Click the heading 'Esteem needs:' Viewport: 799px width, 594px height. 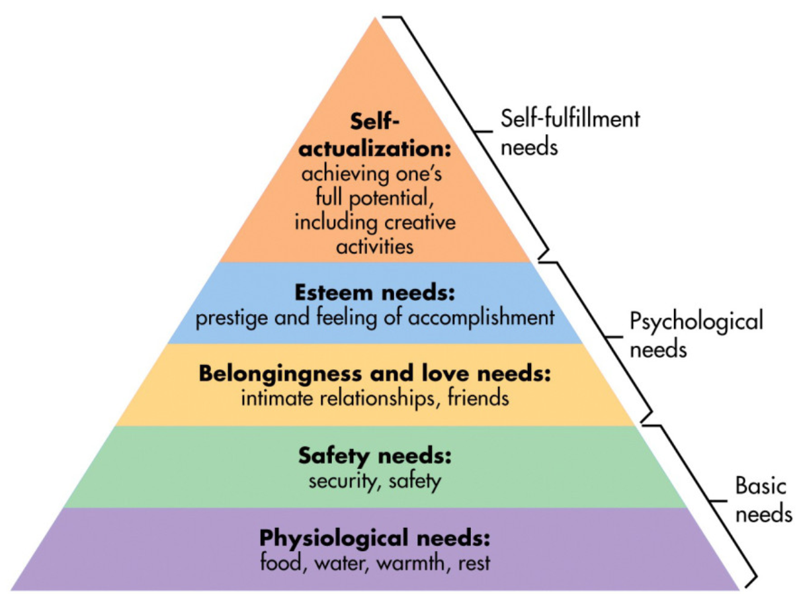click(x=375, y=292)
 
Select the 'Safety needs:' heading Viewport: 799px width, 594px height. click(x=375, y=456)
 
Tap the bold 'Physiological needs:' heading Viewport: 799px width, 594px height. click(x=375, y=536)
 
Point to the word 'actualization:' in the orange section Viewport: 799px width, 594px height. click(x=375, y=149)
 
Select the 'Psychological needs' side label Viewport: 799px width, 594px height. click(x=694, y=334)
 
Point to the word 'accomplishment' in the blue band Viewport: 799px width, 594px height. click(x=482, y=318)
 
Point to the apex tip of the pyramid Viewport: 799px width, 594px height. click(x=376, y=18)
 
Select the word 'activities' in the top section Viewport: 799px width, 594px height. click(x=375, y=246)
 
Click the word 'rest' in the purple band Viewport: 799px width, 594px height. click(x=476, y=563)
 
